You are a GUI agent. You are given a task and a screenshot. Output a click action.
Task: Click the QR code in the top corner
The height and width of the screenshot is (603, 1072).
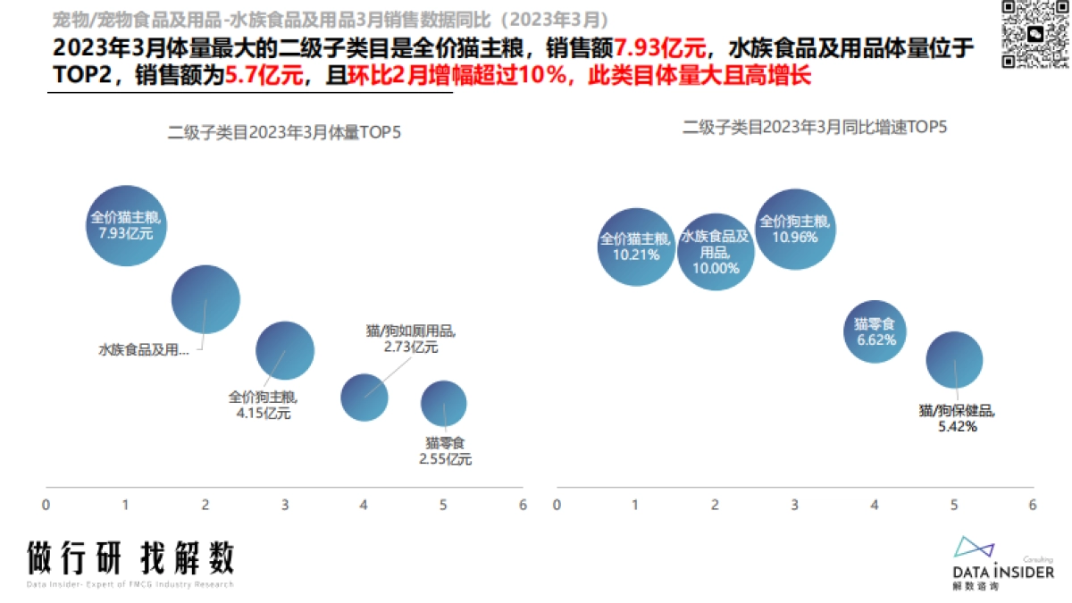[1034, 34]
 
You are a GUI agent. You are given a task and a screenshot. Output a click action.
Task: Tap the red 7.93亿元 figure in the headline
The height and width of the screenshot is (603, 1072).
[660, 48]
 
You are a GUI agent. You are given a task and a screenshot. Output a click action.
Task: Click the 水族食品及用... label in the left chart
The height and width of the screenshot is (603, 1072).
[144, 350]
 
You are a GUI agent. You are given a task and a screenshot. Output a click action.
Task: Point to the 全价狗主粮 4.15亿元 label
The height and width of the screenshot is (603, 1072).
[264, 405]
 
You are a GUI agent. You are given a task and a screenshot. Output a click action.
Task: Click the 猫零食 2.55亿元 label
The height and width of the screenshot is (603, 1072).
[445, 451]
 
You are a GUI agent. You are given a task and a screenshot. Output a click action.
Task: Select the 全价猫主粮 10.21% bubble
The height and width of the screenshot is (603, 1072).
[635, 247]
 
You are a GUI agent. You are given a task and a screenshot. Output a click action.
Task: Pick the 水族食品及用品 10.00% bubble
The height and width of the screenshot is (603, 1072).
[715, 252]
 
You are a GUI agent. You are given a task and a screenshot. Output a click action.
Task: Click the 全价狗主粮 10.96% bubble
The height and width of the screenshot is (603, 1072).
[794, 230]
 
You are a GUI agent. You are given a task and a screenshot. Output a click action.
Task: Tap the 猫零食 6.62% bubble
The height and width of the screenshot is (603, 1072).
[875, 331]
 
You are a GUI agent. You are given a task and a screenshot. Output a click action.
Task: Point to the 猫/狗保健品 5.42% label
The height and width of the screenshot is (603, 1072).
[957, 418]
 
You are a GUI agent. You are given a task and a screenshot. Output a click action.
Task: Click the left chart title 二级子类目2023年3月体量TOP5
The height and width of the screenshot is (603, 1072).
[285, 133]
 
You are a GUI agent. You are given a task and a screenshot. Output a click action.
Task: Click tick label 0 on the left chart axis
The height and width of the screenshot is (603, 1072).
[46, 505]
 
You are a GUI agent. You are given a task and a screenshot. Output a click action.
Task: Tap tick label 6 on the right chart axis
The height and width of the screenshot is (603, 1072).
[1033, 505]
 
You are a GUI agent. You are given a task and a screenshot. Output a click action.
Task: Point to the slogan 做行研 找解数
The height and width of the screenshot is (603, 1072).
[130, 558]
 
